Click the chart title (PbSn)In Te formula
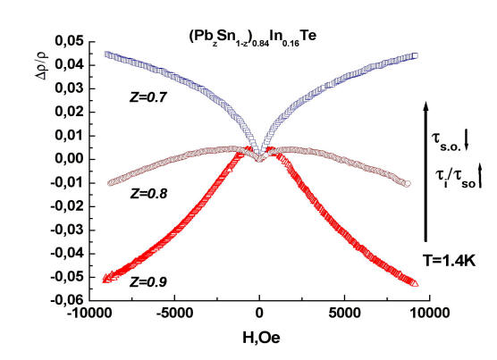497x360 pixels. (x=253, y=38)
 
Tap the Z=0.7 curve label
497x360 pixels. (x=148, y=97)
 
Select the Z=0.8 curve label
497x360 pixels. (x=148, y=194)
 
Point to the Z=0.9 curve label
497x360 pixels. (x=148, y=281)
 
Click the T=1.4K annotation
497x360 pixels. (x=450, y=261)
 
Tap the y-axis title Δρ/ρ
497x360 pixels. (x=42, y=65)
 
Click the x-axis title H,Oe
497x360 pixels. (x=261, y=338)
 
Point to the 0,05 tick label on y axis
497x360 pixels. (x=69, y=41)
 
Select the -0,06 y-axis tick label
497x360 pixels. (x=67, y=299)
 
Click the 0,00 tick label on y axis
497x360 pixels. (x=69, y=159)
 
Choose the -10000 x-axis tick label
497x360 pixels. (x=89, y=314)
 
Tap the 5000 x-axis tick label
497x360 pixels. (x=344, y=314)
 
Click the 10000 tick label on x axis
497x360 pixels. (x=430, y=314)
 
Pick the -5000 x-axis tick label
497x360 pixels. (x=174, y=314)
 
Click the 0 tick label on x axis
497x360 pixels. (x=259, y=314)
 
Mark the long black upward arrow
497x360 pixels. (x=426, y=172)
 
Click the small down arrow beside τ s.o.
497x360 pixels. (x=467, y=141)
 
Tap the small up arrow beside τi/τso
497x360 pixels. (x=480, y=175)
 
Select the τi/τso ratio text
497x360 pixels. (x=456, y=179)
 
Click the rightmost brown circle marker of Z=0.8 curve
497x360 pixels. (x=408, y=183)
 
